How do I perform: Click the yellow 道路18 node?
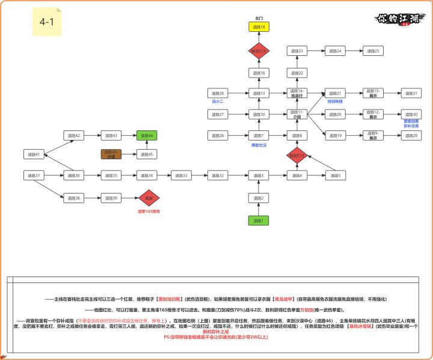click(259, 28)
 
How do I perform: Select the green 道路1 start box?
click(259, 221)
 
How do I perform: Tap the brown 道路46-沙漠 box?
click(111, 154)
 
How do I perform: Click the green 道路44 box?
click(147, 136)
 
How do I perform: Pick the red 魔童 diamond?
click(148, 198)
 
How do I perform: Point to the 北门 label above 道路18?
click(259, 18)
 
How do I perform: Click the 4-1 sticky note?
click(47, 22)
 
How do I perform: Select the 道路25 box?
click(372, 52)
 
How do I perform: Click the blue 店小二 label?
click(218, 102)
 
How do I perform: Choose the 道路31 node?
click(411, 93)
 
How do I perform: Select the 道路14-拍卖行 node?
click(297, 93)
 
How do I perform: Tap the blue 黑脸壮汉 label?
click(259, 145)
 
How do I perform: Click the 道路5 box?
click(335, 175)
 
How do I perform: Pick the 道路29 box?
click(411, 136)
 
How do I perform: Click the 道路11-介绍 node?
click(297, 114)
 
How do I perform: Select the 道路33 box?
click(181, 175)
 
